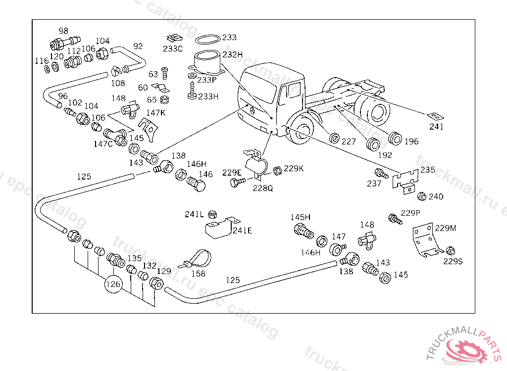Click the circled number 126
pyautogui.click(x=113, y=284)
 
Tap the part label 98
pyautogui.click(x=63, y=30)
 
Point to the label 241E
pyautogui.click(x=242, y=231)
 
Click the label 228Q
pyautogui.click(x=262, y=188)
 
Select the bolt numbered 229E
pyautogui.click(x=236, y=183)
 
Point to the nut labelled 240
pyautogui.click(x=422, y=196)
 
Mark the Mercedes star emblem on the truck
pyautogui.click(x=251, y=110)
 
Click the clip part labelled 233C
pyautogui.click(x=173, y=38)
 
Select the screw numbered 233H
pyautogui.click(x=192, y=91)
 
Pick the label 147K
pyautogui.click(x=155, y=113)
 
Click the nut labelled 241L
pyautogui.click(x=212, y=215)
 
